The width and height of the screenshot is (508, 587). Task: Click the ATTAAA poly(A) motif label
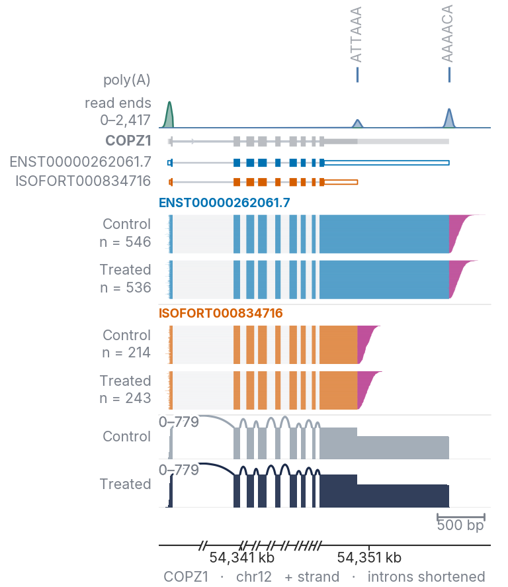(356, 34)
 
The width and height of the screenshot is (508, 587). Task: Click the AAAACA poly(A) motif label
(447, 33)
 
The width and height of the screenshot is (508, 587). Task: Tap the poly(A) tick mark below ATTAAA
(358, 75)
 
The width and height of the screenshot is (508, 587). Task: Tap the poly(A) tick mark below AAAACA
(449, 75)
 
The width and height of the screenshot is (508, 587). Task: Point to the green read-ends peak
(169, 114)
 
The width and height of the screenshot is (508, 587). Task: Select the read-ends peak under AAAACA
(449, 118)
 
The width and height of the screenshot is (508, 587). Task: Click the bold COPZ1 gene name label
(128, 141)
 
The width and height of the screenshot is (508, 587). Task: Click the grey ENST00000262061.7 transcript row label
(81, 161)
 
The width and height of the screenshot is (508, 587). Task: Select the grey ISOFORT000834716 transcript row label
(83, 181)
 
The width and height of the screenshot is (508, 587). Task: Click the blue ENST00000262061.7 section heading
(224, 203)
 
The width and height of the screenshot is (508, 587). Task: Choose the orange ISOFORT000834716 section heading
(221, 313)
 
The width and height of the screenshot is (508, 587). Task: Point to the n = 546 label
(125, 242)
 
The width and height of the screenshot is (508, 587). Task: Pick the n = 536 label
(126, 288)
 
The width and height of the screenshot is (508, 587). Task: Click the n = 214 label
(126, 353)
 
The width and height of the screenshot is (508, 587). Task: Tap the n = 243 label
(125, 398)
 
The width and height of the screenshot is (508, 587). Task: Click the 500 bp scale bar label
(460, 525)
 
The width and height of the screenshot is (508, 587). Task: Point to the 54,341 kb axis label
(242, 558)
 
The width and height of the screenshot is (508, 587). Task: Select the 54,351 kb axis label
(369, 558)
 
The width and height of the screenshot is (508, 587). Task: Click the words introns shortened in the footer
(426, 576)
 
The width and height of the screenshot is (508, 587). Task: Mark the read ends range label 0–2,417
(125, 120)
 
